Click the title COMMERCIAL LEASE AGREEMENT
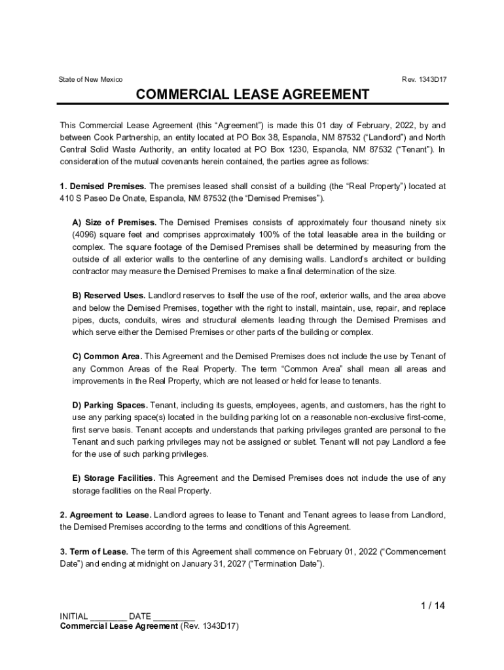[x=252, y=95]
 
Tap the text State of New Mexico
[x=90, y=80]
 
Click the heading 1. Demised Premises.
[x=102, y=186]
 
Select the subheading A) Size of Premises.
[x=114, y=222]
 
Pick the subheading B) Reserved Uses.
[x=109, y=296]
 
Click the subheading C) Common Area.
[x=107, y=357]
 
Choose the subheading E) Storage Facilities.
[x=113, y=478]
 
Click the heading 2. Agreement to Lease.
[x=105, y=515]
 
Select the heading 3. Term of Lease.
[x=94, y=552]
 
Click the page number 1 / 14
[x=432, y=606]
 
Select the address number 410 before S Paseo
[x=66, y=199]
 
